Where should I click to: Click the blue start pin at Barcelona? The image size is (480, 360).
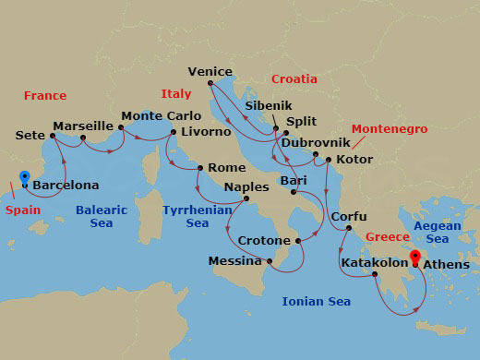[24, 177]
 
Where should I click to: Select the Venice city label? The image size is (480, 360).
[210, 71]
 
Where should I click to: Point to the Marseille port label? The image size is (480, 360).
[82, 126]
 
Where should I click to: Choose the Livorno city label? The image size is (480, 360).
[207, 132]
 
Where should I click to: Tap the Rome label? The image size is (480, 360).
[227, 168]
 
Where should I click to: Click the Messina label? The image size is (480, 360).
[235, 261]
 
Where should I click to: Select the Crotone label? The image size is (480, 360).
[265, 241]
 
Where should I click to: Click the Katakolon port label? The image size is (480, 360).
[375, 263]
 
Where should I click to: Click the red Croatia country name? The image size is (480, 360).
[294, 79]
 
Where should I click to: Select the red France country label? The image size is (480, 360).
[45, 96]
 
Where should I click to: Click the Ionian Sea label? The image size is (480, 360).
[317, 302]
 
